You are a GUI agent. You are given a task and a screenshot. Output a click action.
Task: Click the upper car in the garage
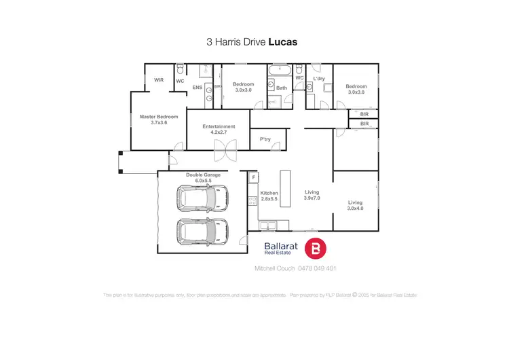click(202, 198)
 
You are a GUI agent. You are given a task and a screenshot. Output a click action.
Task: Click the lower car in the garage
click(202, 232)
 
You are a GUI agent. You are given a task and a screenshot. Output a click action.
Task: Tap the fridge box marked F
click(253, 178)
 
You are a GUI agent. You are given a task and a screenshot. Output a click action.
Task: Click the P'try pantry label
click(265, 140)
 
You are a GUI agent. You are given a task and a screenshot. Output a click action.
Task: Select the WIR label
click(159, 80)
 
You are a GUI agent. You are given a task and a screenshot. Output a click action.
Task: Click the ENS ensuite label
click(197, 88)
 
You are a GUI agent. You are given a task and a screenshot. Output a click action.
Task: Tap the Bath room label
click(282, 88)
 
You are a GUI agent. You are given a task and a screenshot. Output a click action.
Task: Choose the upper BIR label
click(364, 113)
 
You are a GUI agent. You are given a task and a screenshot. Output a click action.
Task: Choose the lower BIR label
click(364, 124)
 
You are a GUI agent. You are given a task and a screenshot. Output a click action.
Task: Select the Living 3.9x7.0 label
click(312, 196)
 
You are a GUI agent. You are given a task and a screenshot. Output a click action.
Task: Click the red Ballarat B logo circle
click(316, 250)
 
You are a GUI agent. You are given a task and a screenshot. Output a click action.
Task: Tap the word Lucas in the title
click(282, 41)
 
